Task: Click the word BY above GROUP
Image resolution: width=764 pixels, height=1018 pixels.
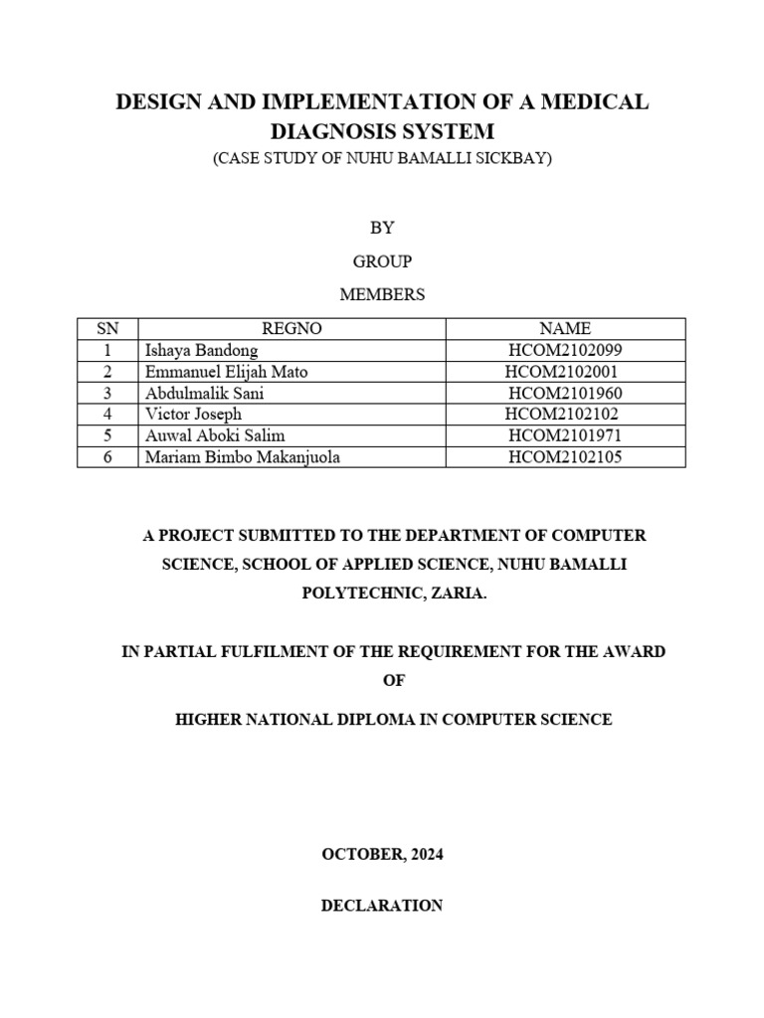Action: point(382,228)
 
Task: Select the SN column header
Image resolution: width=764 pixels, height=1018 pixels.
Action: point(107,328)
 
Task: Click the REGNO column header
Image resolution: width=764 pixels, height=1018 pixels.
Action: point(291,328)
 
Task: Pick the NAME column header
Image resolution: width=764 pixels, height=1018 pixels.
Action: point(565,328)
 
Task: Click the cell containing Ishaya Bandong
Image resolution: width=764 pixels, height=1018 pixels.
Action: point(201,350)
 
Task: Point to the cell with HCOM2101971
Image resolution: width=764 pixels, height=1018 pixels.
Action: point(565,435)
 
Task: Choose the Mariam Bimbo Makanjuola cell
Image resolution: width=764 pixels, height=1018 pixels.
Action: point(235,456)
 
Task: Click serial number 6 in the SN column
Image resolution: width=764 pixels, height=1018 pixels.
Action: point(107,456)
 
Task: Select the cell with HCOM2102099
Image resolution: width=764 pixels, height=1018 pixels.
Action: point(565,350)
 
